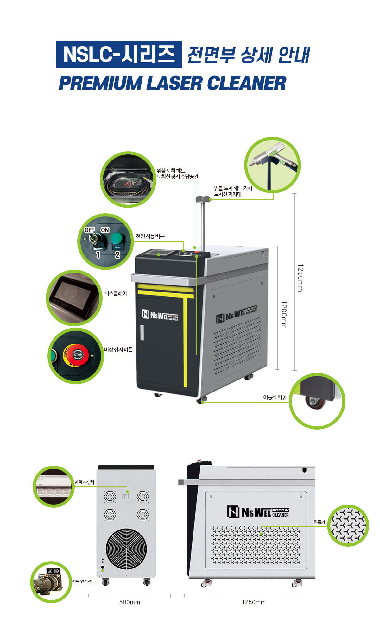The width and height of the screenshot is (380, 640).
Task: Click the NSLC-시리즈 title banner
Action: click(x=119, y=54)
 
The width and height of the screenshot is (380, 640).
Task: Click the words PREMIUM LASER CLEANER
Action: click(x=172, y=83)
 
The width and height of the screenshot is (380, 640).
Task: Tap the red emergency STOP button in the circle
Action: click(x=78, y=355)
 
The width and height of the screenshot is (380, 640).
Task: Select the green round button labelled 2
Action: click(x=116, y=239)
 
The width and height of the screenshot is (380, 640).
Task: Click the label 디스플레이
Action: click(x=116, y=293)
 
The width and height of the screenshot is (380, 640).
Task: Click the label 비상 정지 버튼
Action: click(x=118, y=350)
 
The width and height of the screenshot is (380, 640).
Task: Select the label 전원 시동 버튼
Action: click(x=150, y=236)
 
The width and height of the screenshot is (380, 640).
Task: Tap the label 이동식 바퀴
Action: click(x=275, y=397)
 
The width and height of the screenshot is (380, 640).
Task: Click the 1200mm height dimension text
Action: click(x=284, y=314)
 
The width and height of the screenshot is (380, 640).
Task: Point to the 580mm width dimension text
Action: click(x=130, y=602)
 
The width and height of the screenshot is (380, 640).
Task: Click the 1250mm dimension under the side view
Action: click(x=253, y=602)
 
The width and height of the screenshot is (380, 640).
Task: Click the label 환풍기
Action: click(x=319, y=522)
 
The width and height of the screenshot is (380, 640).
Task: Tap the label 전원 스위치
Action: click(x=84, y=482)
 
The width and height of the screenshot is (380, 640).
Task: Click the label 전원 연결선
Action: click(x=82, y=581)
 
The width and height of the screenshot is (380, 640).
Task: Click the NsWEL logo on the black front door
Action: click(x=160, y=315)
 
